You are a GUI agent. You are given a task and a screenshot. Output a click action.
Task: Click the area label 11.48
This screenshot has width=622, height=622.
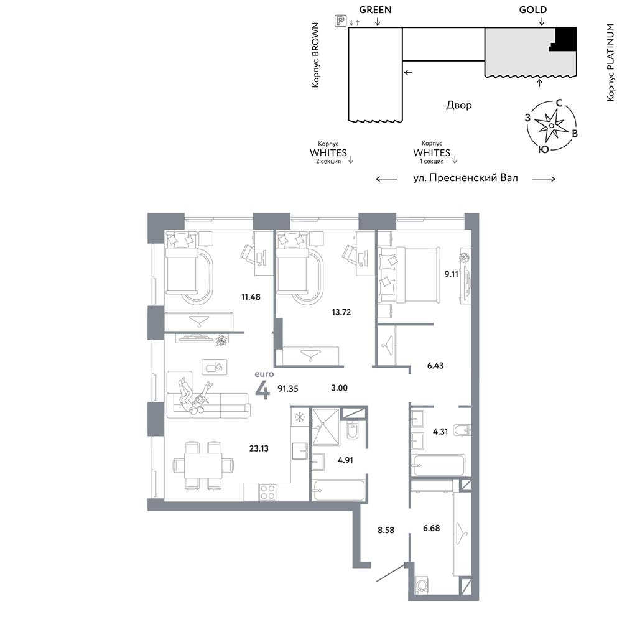[251, 297]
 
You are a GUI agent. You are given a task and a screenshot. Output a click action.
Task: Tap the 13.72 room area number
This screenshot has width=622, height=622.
[341, 312]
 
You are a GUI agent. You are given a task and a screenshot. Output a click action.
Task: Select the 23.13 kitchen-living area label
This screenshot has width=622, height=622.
[259, 448]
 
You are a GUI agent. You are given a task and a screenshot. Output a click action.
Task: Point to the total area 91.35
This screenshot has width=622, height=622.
[287, 389]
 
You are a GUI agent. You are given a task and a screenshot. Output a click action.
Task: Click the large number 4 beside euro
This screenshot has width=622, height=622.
[262, 391]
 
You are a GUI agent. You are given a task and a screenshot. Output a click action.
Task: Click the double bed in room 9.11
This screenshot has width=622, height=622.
[409, 274]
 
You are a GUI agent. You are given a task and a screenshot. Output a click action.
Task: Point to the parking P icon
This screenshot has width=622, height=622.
[340, 21]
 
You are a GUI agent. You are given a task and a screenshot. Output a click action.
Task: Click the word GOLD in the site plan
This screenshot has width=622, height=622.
[533, 9]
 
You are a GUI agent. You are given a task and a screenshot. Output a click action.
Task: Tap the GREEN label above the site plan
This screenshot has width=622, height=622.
[375, 9]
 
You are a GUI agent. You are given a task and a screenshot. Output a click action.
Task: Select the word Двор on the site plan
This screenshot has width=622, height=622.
[459, 105]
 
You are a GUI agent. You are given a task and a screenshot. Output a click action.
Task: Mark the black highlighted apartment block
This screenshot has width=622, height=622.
[565, 39]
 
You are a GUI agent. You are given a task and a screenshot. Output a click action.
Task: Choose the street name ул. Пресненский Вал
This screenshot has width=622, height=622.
[465, 178]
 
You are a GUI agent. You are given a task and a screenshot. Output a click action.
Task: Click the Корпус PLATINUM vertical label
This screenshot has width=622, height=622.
[611, 62]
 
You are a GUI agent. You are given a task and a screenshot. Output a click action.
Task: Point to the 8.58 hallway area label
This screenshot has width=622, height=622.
[386, 530]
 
